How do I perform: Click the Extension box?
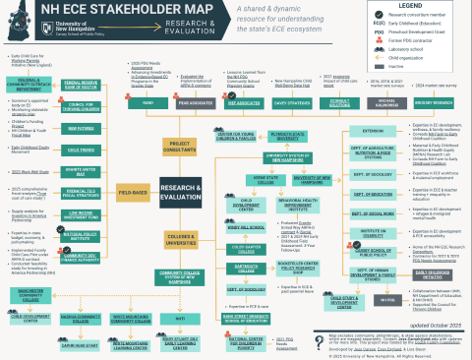(372, 130)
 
